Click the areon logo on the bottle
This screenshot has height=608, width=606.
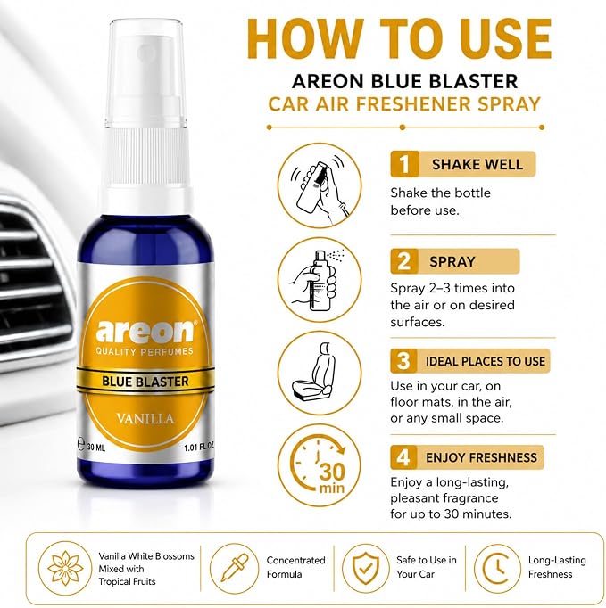pos(145,332)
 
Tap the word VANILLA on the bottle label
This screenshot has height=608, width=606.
pos(145,419)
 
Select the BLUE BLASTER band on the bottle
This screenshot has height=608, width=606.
pos(145,382)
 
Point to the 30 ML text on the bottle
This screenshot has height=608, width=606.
pos(95,447)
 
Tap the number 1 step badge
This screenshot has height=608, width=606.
pos(404,164)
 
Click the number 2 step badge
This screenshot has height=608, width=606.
pos(404,261)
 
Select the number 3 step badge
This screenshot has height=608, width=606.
pos(403,361)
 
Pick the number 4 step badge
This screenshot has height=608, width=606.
pos(403,457)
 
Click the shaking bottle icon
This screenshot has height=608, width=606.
pos(320,185)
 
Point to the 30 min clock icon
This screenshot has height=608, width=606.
pos(320,465)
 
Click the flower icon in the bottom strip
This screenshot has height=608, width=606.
pos(65,569)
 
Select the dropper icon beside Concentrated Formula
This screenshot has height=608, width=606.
pos(234,569)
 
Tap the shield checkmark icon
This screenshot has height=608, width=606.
pos(365,569)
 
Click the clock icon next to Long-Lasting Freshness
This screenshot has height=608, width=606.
pos(498,569)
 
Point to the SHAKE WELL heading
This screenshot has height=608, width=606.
pos(477,164)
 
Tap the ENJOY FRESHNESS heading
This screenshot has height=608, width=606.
pos(481,457)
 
